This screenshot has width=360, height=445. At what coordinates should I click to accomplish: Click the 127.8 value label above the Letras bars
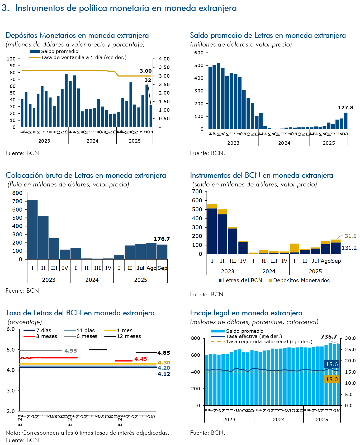(x=345, y=108)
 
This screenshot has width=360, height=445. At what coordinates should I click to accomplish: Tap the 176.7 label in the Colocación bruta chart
(x=162, y=239)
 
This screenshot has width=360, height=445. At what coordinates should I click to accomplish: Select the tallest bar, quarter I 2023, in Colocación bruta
(x=32, y=229)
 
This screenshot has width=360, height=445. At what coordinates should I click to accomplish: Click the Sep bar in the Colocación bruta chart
(x=162, y=252)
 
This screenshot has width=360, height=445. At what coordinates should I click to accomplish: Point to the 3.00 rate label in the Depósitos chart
(x=145, y=71)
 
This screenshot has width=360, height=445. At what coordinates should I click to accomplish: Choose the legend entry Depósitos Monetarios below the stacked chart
(x=301, y=280)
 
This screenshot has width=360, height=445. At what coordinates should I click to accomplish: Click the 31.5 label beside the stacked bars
(x=350, y=236)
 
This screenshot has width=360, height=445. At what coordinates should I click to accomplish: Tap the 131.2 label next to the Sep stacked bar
(x=349, y=248)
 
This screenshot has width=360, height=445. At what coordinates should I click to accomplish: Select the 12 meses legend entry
(x=129, y=336)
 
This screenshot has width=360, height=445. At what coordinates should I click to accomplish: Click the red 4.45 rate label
(x=140, y=359)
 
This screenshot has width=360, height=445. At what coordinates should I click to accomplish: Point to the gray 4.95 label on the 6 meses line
(x=70, y=351)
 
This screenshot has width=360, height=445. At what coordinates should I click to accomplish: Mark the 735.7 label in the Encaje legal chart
(x=329, y=337)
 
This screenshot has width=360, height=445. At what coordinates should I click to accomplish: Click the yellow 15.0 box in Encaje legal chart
(x=331, y=380)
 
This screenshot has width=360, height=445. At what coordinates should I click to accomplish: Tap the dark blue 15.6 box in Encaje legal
(x=331, y=364)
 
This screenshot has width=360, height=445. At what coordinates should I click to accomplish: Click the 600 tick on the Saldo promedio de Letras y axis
(x=199, y=53)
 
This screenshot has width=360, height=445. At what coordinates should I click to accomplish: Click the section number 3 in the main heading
(x=4, y=8)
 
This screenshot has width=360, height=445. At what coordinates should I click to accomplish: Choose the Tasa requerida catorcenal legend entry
(x=269, y=342)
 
